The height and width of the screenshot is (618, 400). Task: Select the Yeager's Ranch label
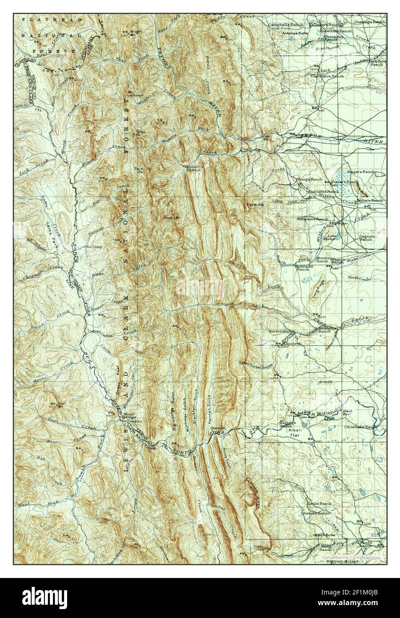click(x=362, y=172)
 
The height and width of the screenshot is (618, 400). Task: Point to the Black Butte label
click(x=324, y=535)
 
